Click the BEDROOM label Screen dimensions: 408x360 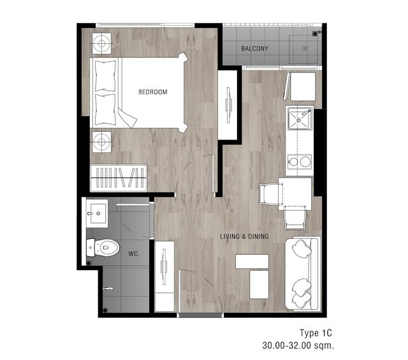point(153,92)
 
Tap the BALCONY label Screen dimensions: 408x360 point(254,48)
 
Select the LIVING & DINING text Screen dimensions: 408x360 point(244,236)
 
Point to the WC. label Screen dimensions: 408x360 point(134,254)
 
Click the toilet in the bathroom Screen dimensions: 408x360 point(103,247)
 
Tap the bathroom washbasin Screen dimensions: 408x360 point(97,213)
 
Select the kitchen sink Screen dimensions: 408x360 point(299,119)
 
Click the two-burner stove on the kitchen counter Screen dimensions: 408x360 point(300,162)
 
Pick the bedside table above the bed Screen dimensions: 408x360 point(102,43)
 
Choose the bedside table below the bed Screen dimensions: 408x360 point(102,142)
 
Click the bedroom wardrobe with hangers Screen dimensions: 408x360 point(119,178)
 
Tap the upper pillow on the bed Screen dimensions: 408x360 point(105,76)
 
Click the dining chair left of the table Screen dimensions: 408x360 point(270,194)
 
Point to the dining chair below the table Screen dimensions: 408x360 point(295,218)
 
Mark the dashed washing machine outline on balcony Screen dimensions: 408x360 point(303,49)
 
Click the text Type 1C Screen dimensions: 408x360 point(316,333)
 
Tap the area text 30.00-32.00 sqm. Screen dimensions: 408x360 point(298,345)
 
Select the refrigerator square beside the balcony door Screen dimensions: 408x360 point(303,87)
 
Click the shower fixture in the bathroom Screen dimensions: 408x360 point(108,289)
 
